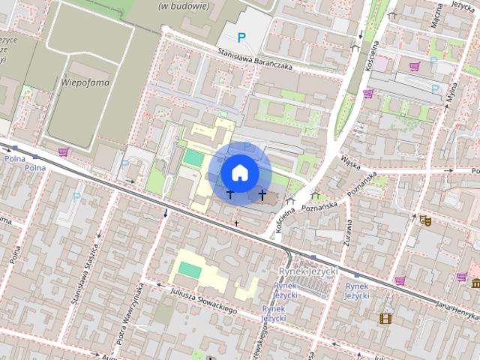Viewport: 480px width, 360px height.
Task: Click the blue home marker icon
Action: click(240, 172)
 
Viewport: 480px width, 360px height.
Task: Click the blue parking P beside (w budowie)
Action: click(241, 37)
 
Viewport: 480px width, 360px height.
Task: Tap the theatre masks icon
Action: click(425, 220)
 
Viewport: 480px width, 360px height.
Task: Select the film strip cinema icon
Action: click(385, 319)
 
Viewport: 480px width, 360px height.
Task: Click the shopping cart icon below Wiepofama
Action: click(63, 152)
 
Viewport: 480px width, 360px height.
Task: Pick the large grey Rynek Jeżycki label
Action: click(307, 271)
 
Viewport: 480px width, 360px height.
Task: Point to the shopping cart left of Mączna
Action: click(414, 66)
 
